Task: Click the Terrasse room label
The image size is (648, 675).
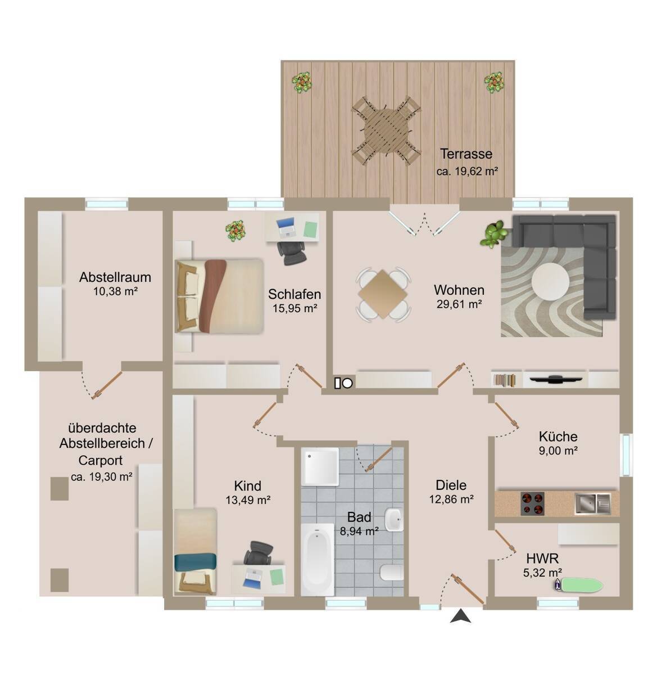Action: coord(466,154)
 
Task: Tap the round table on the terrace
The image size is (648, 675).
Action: coord(386,130)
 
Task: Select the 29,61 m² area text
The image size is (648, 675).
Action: coord(459,304)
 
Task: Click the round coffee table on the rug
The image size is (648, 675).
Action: coord(550,281)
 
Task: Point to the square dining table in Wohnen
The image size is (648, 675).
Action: coord(383,294)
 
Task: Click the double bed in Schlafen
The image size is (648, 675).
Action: coord(219,296)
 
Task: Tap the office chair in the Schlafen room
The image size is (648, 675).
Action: coord(292,253)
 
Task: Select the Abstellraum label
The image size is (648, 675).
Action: coord(115,277)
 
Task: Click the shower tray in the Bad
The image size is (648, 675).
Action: coord(319,466)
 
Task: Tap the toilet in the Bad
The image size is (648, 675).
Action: coord(392,572)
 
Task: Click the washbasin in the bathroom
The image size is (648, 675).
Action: coord(394,520)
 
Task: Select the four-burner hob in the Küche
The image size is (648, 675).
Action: coord(532,503)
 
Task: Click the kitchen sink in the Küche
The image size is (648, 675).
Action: coord(593,503)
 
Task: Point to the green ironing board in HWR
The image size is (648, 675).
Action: coord(579,585)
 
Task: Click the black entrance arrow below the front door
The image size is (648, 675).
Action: coord(460,615)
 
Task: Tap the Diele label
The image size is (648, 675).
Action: coord(451,484)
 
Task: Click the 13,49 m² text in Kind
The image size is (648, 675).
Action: coord(248,500)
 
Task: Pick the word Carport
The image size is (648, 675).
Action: coord(100,460)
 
